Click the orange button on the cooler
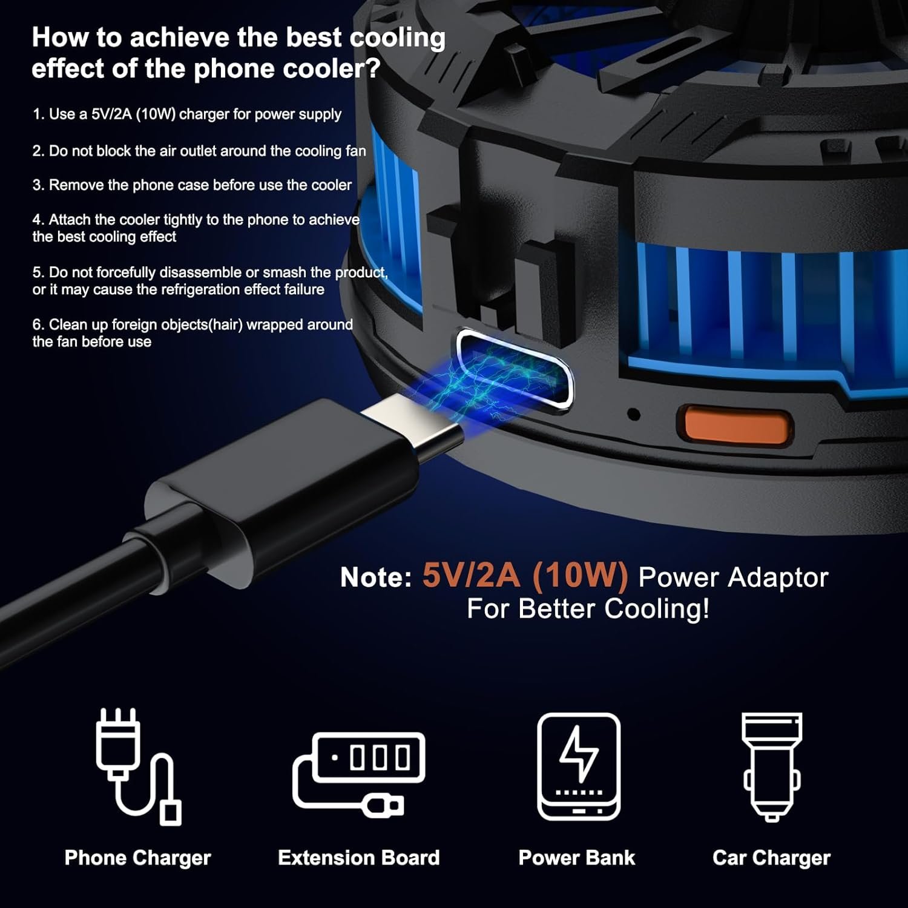click(x=734, y=425)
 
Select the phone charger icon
click(x=138, y=766)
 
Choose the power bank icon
click(x=579, y=766)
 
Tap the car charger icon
click(x=772, y=766)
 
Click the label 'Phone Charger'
click(x=138, y=858)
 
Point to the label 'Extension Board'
click(x=359, y=857)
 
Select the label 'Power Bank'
click(x=577, y=857)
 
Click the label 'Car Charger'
click(x=772, y=858)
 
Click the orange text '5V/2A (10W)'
click(x=525, y=576)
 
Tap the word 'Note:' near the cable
click(x=376, y=577)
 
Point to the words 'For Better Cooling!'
click(x=588, y=608)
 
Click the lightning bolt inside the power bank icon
click(x=579, y=752)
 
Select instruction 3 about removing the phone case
click(x=192, y=185)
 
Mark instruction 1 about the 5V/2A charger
click(x=187, y=114)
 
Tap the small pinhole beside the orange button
click(x=634, y=415)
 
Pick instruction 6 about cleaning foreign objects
click(x=192, y=333)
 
